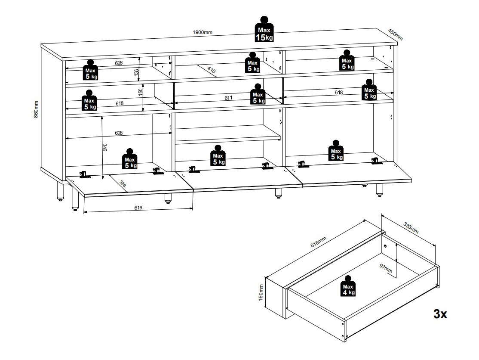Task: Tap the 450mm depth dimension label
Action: [395, 34]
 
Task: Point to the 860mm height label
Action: [37, 109]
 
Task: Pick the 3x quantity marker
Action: [440, 314]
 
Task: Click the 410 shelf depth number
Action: [211, 69]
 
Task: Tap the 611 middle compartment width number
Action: [228, 98]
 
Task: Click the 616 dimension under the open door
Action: [138, 208]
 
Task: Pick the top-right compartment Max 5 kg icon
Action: [347, 61]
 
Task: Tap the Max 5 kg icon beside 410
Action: [253, 63]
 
